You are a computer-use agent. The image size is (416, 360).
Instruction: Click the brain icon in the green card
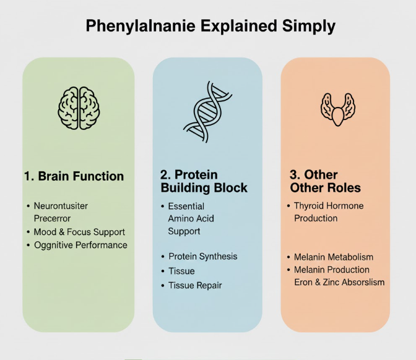pos(78,106)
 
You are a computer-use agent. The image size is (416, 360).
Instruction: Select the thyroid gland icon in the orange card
pos(337,108)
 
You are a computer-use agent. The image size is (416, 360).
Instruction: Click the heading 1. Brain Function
pos(74,176)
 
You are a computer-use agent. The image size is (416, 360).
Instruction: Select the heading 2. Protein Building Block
pos(204,181)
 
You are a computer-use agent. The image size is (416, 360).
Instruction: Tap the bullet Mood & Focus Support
pos(79,232)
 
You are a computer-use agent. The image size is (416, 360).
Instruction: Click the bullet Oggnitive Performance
pos(80,245)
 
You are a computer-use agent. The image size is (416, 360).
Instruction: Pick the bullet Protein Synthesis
pos(202,256)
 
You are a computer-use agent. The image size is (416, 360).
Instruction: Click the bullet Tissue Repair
pos(195,285)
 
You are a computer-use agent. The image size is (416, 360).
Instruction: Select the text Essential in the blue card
pos(186,206)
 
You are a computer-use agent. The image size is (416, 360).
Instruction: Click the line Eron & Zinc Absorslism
pos(339,282)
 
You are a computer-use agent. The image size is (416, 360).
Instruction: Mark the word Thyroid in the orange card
pos(311,206)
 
